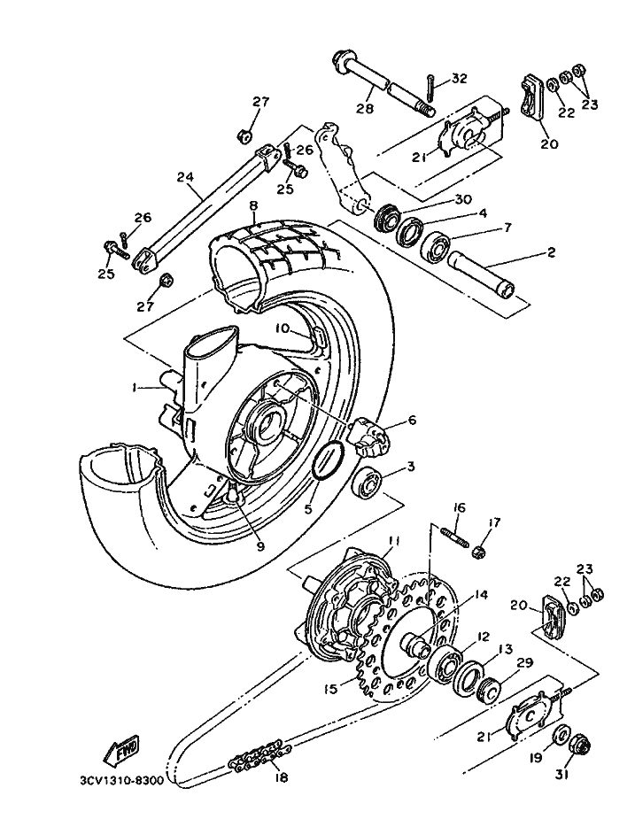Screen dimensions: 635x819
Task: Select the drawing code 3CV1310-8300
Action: pyautogui.click(x=122, y=780)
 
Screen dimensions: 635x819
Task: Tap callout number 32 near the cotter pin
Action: pyautogui.click(x=459, y=78)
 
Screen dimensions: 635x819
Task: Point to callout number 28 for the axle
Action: pyautogui.click(x=365, y=108)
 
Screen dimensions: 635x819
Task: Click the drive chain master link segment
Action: pyautogui.click(x=259, y=754)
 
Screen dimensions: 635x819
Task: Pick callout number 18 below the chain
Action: pyautogui.click(x=280, y=777)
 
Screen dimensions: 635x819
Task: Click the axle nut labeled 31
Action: pyautogui.click(x=578, y=742)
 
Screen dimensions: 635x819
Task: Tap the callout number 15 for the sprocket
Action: pyautogui.click(x=330, y=689)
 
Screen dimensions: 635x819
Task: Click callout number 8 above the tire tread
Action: pyautogui.click(x=254, y=205)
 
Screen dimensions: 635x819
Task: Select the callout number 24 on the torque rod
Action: pyautogui.click(x=185, y=178)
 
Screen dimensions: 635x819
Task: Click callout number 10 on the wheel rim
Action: pyautogui.click(x=283, y=328)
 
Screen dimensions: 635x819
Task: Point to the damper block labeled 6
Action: pyautogui.click(x=368, y=434)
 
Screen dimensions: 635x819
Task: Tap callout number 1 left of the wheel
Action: pyautogui.click(x=135, y=388)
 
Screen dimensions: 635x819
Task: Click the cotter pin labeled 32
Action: pyautogui.click(x=430, y=88)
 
